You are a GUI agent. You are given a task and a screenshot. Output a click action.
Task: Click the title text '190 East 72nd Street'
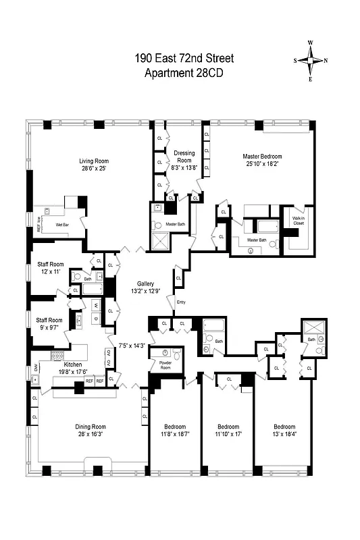[x=179, y=59]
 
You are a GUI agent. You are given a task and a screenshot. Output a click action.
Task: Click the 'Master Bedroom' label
[x=262, y=157]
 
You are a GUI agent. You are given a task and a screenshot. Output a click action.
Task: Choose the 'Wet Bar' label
[x=63, y=221]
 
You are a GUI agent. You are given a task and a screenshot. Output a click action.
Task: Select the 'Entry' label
[x=180, y=302]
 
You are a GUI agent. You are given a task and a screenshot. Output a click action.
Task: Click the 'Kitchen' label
[x=73, y=364]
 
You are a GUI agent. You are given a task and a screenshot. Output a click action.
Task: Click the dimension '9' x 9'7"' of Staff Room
[x=49, y=329]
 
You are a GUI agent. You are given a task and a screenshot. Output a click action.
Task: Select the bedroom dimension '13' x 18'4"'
[x=284, y=435]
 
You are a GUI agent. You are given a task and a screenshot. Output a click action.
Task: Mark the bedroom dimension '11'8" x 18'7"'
[x=175, y=435]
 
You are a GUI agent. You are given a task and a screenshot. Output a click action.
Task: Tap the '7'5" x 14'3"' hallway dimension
[x=132, y=346]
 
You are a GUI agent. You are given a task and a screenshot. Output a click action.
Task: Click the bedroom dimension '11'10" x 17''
[x=228, y=435]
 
